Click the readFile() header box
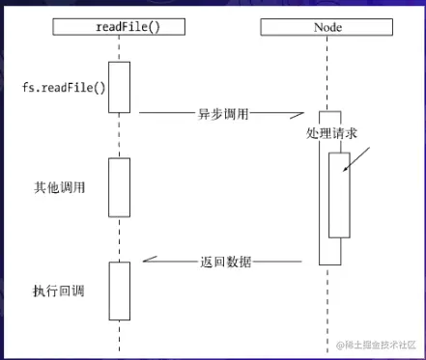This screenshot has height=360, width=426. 120,27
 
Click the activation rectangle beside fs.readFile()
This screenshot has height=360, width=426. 119,87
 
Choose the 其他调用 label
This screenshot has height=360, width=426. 60,186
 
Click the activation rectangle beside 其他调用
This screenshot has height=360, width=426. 119,187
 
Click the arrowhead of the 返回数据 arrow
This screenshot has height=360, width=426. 148,261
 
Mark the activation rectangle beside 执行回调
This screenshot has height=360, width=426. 119,291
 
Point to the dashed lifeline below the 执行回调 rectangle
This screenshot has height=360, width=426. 119,336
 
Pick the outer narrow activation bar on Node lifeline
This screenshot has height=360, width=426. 329,251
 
